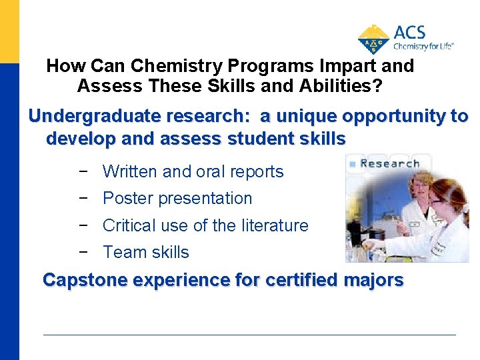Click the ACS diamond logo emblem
[374, 39]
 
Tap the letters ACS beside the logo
[409, 33]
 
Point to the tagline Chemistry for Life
[423, 47]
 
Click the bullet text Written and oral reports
[193, 171]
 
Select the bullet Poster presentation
[177, 199]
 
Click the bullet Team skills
[146, 253]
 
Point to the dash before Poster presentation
[83, 199]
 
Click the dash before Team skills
[83, 253]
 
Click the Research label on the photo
[389, 163]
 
